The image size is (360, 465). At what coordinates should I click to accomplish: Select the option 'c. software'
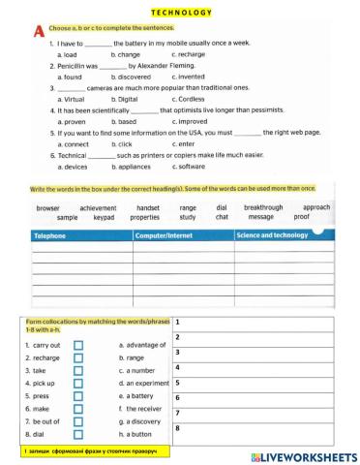(192, 167)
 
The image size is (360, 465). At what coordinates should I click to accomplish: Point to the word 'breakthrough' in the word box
(264, 208)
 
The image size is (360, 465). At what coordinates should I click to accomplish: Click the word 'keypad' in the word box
(104, 218)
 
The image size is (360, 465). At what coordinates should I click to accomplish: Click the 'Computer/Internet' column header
(165, 235)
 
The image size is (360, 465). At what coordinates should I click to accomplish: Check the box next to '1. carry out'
(78, 345)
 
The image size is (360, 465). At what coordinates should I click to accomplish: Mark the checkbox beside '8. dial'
(78, 435)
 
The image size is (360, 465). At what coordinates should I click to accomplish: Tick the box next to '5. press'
(78, 396)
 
